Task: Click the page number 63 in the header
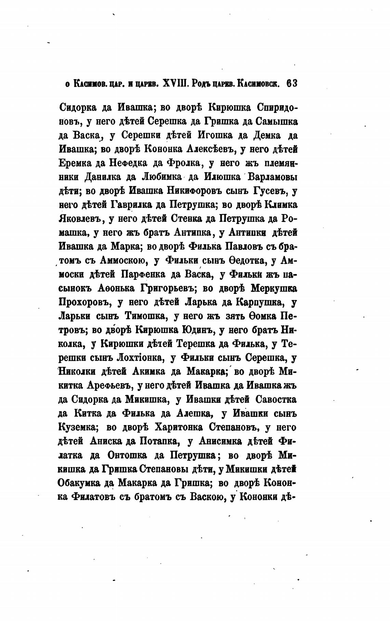click(x=292, y=84)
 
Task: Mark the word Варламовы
click(x=272, y=177)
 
